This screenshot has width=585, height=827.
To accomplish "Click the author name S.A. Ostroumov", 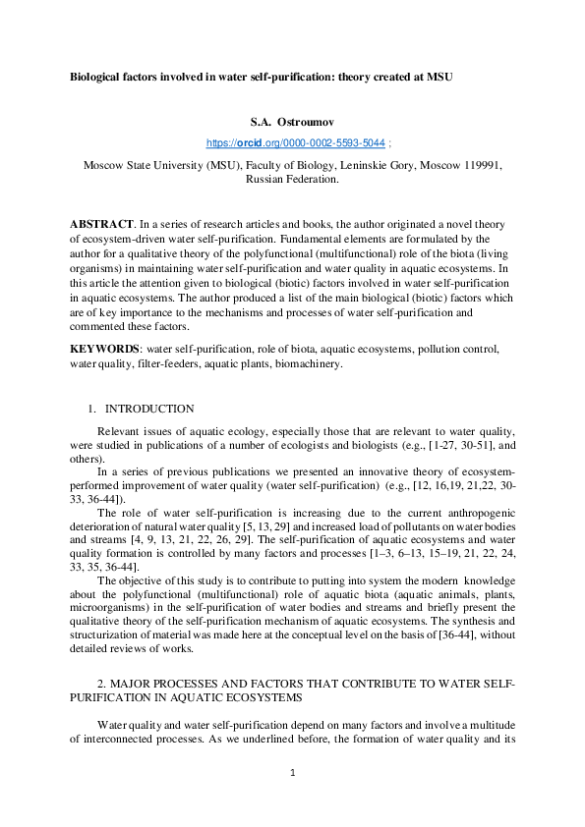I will click(x=293, y=123).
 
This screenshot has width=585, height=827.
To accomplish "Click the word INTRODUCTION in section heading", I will click(x=149, y=409).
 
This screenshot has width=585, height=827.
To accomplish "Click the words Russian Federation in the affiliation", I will click(x=292, y=180).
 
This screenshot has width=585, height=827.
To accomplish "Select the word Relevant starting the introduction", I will click(x=119, y=432).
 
